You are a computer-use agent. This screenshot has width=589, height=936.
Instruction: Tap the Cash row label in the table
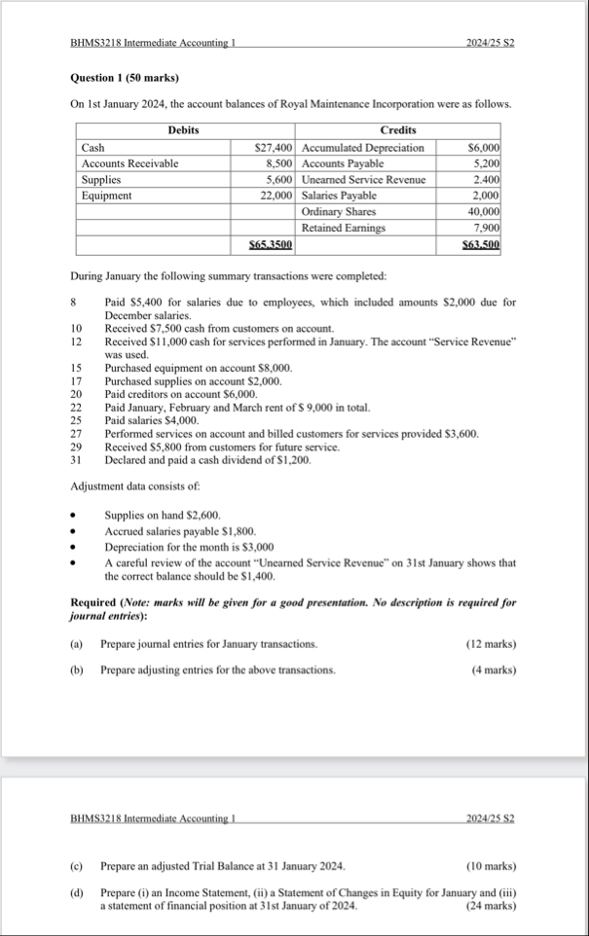tap(94, 147)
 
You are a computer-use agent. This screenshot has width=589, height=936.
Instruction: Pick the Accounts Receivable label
tap(130, 163)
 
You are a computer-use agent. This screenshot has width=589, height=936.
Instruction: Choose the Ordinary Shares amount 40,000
tap(483, 211)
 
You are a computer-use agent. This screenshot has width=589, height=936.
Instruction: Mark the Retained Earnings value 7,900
tap(487, 228)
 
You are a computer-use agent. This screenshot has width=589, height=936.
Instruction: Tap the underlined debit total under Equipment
tap(272, 244)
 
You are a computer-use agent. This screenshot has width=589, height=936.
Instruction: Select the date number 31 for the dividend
tap(77, 459)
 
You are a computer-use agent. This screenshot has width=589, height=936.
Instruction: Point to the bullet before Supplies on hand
tap(75, 513)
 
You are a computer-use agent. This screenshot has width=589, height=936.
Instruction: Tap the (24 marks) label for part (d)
tap(491, 906)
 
